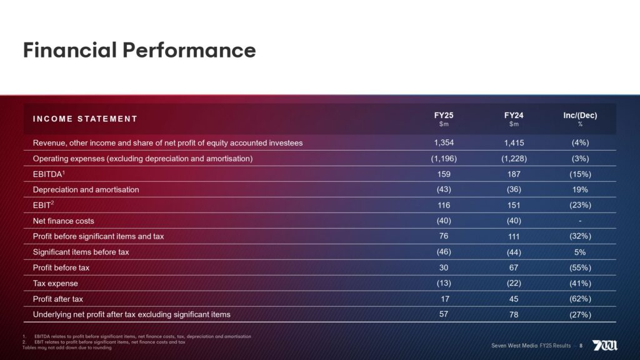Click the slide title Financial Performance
click(139, 50)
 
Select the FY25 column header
click(444, 116)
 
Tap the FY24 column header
click(514, 116)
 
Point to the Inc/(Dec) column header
click(581, 116)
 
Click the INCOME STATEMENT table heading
click(85, 119)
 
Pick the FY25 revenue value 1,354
click(444, 142)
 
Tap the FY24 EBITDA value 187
click(514, 174)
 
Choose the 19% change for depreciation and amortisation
click(581, 189)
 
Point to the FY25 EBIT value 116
click(444, 205)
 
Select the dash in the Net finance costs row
click(581, 221)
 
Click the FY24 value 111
click(514, 236)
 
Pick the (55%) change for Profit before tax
click(581, 268)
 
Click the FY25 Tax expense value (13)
click(444, 283)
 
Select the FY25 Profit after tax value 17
click(444, 299)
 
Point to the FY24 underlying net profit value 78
click(514, 314)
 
